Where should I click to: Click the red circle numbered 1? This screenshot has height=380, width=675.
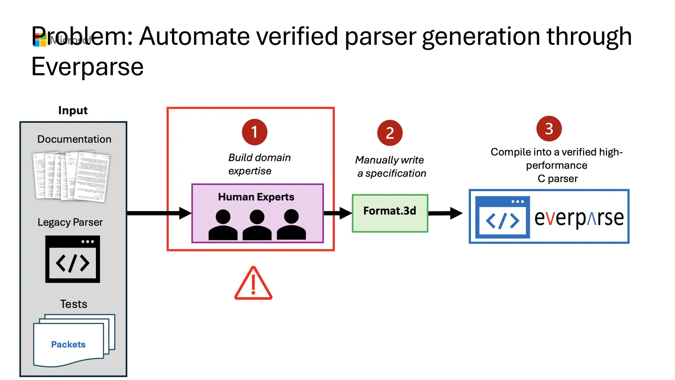pyautogui.click(x=254, y=132)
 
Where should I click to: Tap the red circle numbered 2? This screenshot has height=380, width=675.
pyautogui.click(x=390, y=133)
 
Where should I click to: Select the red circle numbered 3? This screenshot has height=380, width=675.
pyautogui.click(x=549, y=129)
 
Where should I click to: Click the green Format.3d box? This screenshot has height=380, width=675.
pyautogui.click(x=390, y=213)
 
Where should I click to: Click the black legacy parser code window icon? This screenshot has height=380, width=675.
pyautogui.click(x=73, y=259)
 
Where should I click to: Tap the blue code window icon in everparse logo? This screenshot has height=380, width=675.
pyautogui.click(x=502, y=217)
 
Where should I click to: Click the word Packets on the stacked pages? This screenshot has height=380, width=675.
pyautogui.click(x=68, y=344)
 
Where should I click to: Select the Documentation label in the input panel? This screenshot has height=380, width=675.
pyautogui.click(x=74, y=139)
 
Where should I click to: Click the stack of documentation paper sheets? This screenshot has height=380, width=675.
pyautogui.click(x=72, y=176)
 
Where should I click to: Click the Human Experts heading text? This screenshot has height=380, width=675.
pyautogui.click(x=256, y=197)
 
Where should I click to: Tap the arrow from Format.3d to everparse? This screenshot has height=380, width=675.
pyautogui.click(x=445, y=213)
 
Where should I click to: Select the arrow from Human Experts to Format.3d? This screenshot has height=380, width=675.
pyautogui.click(x=337, y=213)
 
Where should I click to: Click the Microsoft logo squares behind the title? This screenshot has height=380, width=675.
pyautogui.click(x=40, y=40)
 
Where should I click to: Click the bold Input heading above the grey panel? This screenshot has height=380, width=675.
pyautogui.click(x=73, y=111)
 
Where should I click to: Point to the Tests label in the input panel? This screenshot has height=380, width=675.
pyautogui.click(x=73, y=304)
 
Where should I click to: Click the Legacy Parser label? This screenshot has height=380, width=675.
pyautogui.click(x=70, y=222)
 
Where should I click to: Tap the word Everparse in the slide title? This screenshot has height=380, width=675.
pyautogui.click(x=87, y=67)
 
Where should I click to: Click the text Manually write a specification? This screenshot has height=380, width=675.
pyautogui.click(x=391, y=167)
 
